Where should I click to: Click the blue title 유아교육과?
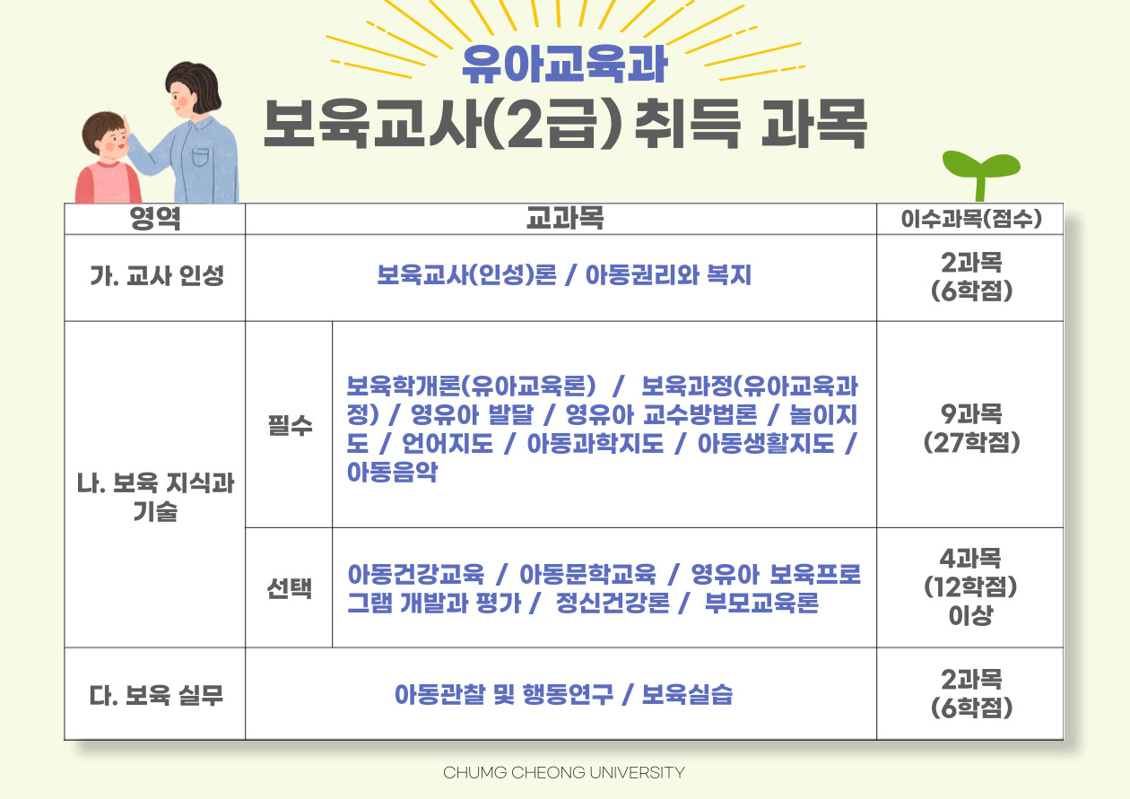coord(564,65)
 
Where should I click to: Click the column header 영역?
coord(155,219)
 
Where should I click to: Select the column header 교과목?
coord(564,219)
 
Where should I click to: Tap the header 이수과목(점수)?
coord(971,219)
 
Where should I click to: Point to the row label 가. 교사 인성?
coord(157,276)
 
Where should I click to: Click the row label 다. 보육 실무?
coord(156,695)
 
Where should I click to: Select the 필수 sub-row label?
coord(290,425)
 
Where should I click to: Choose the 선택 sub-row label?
coord(289,588)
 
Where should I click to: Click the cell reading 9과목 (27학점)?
coord(971,429)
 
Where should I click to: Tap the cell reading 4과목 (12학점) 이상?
coord(970,587)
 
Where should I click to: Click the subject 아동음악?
coord(392,472)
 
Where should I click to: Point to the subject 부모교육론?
coord(761,603)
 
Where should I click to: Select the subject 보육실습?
coord(687,695)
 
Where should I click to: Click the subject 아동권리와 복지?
coord(668,275)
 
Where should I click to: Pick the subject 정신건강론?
coord(613,603)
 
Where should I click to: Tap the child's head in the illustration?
coord(106,135)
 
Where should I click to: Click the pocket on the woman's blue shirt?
coord(200,158)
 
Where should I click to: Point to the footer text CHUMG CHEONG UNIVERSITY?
coord(564,772)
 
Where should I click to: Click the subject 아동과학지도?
coord(595,443)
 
